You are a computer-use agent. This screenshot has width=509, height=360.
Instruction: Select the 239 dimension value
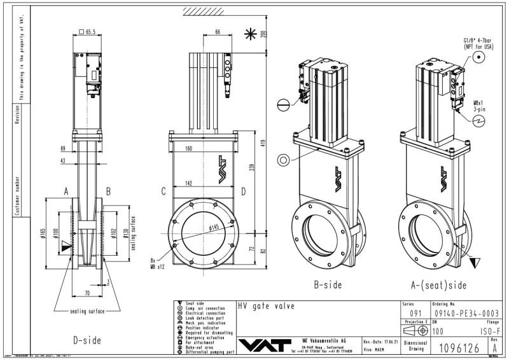coord(253,167)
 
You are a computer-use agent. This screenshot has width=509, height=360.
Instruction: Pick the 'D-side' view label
coord(88,340)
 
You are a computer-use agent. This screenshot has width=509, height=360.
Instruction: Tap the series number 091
coord(414,314)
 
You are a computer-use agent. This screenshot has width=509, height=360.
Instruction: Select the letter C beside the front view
coord(164,190)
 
